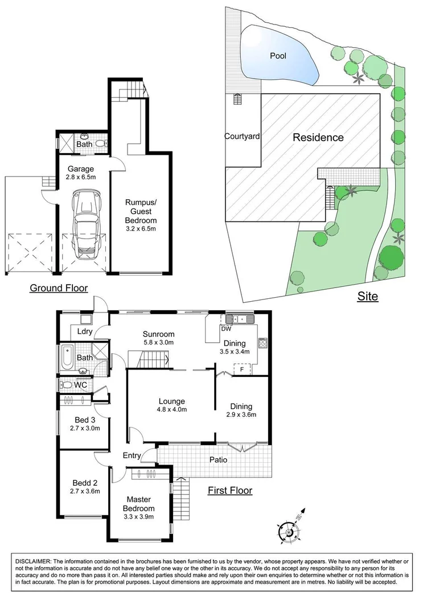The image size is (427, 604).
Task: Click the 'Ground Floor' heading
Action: [59, 288]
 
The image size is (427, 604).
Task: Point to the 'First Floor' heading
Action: [229, 490]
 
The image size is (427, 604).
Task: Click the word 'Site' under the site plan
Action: [367, 296]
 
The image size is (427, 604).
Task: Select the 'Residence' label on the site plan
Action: [318, 137]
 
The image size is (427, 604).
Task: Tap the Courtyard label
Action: [242, 137]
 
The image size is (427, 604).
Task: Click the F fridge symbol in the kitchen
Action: [242, 369]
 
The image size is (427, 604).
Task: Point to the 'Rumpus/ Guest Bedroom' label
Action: [140, 211]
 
